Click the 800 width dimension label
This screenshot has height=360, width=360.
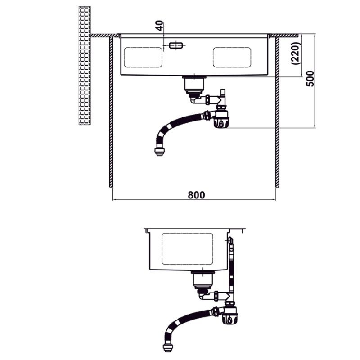196,195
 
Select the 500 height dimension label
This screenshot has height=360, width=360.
310,79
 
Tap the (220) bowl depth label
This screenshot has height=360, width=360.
296,53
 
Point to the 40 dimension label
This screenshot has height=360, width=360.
160,26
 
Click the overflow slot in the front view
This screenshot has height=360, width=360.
176,45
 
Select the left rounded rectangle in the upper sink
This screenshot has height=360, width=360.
143,58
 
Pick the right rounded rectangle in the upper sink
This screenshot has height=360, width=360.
232,58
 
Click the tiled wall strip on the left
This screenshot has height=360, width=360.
85,66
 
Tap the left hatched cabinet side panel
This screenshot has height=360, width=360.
111,112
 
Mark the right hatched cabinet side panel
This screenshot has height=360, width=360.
277,112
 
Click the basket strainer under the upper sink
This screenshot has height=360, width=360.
194,85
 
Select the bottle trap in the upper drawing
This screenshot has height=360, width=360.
221,117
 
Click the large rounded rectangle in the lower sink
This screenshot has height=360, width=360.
187,249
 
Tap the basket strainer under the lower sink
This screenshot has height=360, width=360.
203,279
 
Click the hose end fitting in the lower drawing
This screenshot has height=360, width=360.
168,347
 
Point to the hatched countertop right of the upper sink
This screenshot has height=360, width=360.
284,36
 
